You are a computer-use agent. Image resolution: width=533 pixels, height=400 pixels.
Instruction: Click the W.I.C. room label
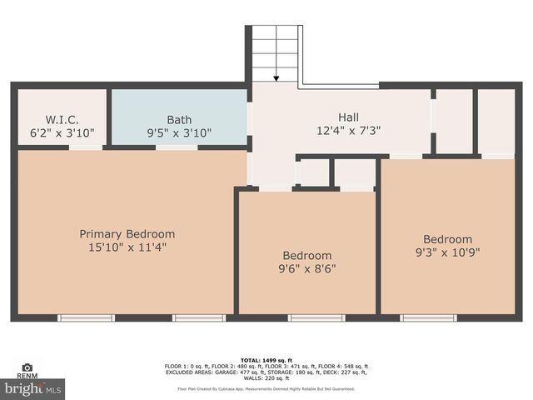coord(62,119)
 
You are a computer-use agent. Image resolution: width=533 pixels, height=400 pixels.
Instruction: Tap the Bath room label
coord(179,119)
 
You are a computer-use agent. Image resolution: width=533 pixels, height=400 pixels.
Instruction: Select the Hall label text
coord(349,117)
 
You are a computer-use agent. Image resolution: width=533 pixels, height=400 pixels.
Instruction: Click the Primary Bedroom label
coord(127,234)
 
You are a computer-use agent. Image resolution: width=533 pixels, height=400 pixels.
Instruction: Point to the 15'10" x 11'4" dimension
coord(127,247)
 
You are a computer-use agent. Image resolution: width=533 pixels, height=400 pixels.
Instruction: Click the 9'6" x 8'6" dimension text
coord(307,268)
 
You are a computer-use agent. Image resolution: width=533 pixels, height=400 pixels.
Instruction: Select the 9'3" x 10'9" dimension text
coord(447,252)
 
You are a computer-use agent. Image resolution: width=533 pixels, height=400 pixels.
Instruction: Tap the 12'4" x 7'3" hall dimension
coord(349,130)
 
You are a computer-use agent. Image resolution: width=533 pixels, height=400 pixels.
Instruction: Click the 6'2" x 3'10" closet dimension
coord(62,132)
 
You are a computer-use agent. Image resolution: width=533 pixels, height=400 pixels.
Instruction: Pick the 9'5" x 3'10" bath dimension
coord(179,132)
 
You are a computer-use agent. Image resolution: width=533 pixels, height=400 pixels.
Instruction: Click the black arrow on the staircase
coord(276,78)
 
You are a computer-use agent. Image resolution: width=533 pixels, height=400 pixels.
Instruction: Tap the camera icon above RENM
coord(27,367)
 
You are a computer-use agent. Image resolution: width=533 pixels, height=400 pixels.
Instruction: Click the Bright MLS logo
coord(33,388)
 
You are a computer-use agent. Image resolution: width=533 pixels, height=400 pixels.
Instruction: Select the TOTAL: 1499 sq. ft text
coord(266,358)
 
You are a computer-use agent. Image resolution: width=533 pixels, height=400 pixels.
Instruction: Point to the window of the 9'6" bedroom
coord(316,317)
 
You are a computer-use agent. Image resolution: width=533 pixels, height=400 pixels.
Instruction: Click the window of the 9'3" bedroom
coord(428,317)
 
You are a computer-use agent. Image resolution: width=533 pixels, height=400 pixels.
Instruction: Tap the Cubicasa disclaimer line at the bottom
coord(266,388)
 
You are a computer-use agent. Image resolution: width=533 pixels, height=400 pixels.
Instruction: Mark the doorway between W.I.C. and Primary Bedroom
coord(86,147)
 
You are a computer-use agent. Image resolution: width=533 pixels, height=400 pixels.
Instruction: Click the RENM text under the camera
coord(27,377)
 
